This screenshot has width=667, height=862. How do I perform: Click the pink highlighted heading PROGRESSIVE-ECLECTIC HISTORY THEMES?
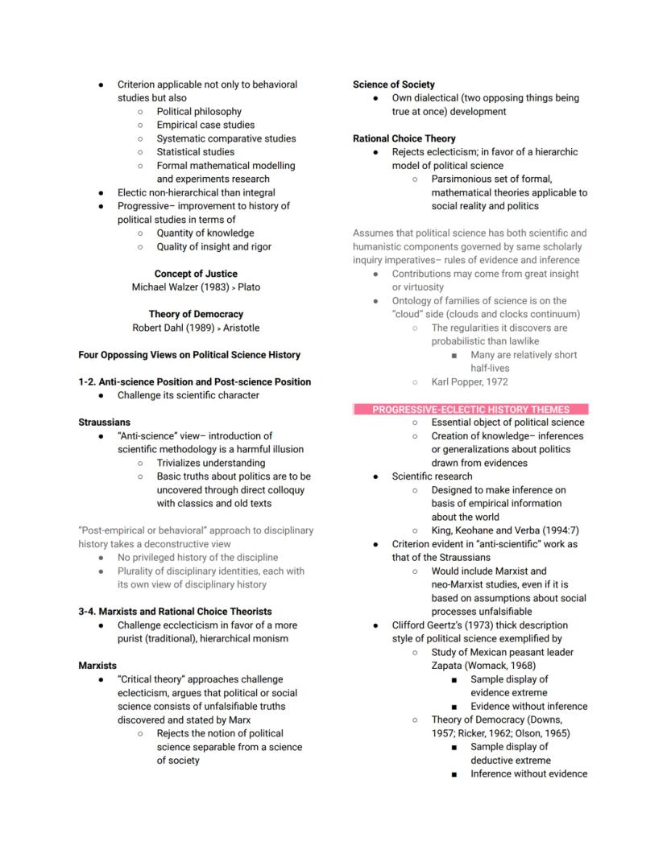click(x=470, y=410)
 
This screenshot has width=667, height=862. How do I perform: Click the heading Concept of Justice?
click(x=196, y=274)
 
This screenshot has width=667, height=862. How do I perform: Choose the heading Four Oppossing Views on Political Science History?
click(x=189, y=355)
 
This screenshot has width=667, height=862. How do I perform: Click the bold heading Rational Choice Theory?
click(x=404, y=138)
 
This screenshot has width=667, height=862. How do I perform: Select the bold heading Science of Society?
click(x=393, y=85)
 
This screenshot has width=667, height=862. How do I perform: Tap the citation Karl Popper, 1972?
click(x=470, y=382)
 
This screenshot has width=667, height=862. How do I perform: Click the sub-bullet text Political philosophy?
click(x=199, y=112)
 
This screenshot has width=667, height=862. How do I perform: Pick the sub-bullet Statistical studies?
click(x=196, y=152)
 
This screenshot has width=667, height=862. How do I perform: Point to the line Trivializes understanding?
click(x=210, y=463)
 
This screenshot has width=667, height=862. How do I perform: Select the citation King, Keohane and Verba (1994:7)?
click(x=504, y=530)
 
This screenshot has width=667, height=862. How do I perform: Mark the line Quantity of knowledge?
click(x=205, y=233)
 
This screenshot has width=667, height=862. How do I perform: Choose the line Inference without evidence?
click(x=528, y=773)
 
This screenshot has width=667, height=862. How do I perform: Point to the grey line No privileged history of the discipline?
click(x=197, y=557)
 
